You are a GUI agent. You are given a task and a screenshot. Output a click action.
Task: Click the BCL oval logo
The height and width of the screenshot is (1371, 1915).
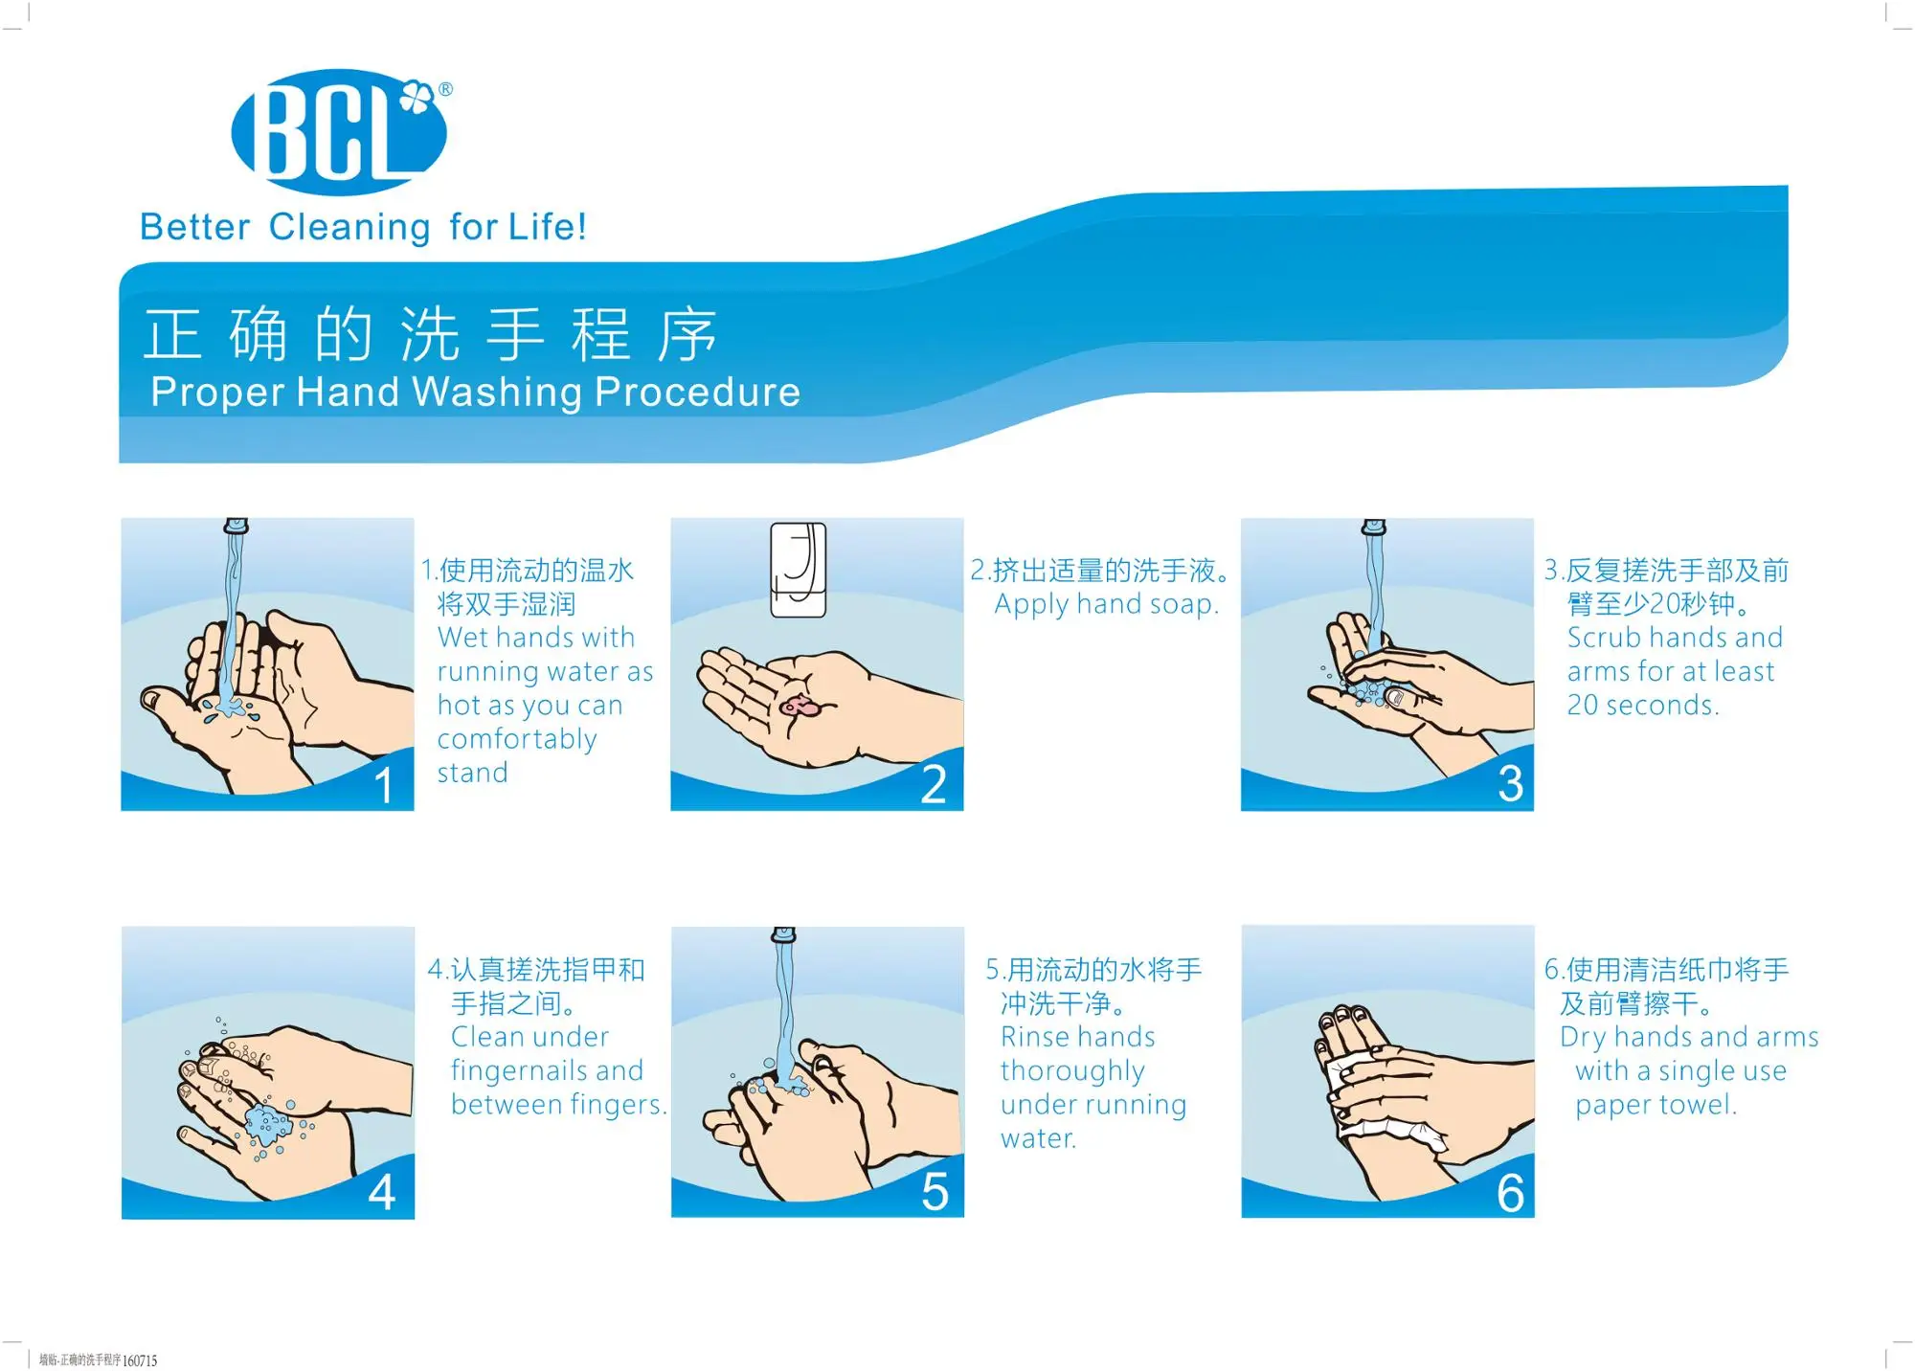[x=339, y=132]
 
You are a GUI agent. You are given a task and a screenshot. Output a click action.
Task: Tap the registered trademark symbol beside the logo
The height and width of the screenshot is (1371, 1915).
[x=445, y=90]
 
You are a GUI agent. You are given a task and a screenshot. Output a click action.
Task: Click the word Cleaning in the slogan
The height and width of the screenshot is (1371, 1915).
[x=349, y=228]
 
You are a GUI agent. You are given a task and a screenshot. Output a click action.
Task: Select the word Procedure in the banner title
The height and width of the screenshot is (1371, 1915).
[x=697, y=392]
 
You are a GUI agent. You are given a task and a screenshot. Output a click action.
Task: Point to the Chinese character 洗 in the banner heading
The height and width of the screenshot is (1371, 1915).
[x=429, y=334]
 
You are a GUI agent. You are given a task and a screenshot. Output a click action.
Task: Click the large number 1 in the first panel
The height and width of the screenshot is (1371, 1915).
[x=384, y=785]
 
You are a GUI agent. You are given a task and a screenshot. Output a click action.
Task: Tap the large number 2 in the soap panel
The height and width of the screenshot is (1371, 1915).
[x=934, y=784]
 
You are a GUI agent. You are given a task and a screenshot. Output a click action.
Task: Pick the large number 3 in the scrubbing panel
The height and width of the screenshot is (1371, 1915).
[x=1510, y=783]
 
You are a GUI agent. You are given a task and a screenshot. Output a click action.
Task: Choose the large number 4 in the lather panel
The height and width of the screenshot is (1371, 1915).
[x=382, y=1192]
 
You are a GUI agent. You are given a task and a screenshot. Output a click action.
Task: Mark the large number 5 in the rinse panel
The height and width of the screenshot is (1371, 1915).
[x=935, y=1192]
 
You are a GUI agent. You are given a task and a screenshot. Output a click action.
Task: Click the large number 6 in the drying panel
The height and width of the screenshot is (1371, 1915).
[x=1510, y=1193]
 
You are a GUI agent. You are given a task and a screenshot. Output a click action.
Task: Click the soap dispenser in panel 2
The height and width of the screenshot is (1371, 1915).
[x=799, y=570]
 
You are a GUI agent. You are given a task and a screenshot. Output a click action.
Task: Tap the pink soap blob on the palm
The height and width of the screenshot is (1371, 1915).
[x=799, y=707]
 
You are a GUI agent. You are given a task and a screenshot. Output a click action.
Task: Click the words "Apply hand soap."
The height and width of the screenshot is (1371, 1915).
[x=1107, y=605]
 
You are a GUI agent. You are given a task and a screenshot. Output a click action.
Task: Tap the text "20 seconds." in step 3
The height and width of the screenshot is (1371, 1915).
[x=1643, y=706]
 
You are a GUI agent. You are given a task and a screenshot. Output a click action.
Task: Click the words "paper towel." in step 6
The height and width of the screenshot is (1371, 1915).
[x=1656, y=1106]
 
